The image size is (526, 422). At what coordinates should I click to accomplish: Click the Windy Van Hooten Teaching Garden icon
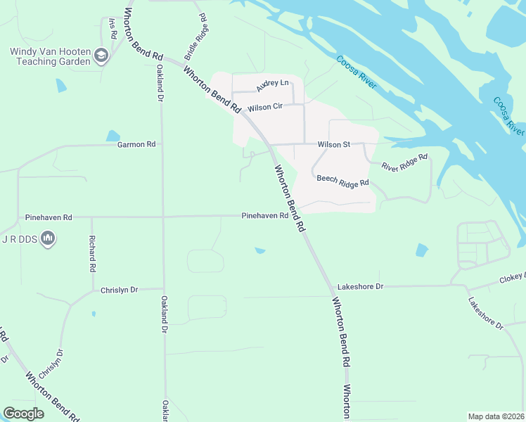click(101, 56)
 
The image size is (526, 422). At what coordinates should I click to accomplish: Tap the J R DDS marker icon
click(48, 240)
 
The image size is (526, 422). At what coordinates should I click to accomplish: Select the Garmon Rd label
click(136, 145)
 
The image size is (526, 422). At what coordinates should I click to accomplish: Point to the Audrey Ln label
click(273, 86)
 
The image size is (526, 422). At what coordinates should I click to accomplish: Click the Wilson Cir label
click(264, 108)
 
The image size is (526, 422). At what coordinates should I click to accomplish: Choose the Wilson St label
click(333, 144)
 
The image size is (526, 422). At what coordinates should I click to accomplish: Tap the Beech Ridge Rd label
click(342, 181)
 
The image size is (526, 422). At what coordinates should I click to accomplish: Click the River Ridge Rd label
click(405, 162)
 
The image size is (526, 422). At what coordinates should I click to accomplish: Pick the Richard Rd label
click(91, 254)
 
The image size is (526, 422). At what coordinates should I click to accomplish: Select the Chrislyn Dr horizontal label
click(120, 290)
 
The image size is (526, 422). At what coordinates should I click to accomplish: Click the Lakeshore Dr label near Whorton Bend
click(360, 286)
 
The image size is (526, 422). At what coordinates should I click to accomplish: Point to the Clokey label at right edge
click(512, 278)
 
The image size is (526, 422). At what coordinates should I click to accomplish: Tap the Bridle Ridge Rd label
click(195, 36)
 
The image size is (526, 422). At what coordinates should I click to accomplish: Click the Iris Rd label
click(112, 28)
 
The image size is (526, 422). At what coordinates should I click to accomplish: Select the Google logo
click(23, 414)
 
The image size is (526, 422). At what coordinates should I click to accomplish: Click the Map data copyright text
click(496, 416)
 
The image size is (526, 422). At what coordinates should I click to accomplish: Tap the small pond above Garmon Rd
click(113, 136)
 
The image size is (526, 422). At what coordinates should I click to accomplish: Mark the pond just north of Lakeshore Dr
click(421, 250)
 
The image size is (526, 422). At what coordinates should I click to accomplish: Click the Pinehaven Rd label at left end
click(49, 217)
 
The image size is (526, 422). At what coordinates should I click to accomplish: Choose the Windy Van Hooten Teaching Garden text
click(50, 56)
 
